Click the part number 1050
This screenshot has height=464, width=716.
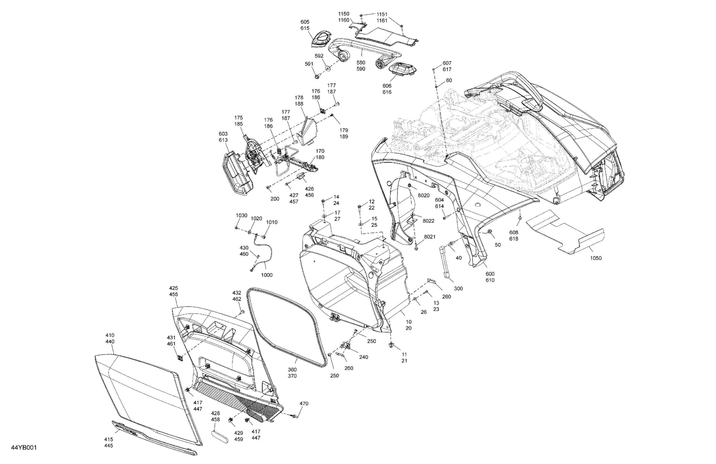point(595,258)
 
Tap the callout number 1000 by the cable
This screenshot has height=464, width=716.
point(267,275)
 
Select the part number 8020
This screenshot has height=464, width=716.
point(424,195)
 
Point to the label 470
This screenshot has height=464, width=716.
point(304,404)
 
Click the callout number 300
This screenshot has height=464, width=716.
point(458,289)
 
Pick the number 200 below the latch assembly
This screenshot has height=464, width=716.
point(275,199)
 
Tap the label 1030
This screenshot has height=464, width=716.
point(241,216)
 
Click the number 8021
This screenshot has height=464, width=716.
point(430,237)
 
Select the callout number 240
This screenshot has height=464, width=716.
point(363,357)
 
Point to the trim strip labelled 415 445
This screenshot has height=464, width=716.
point(153,437)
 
